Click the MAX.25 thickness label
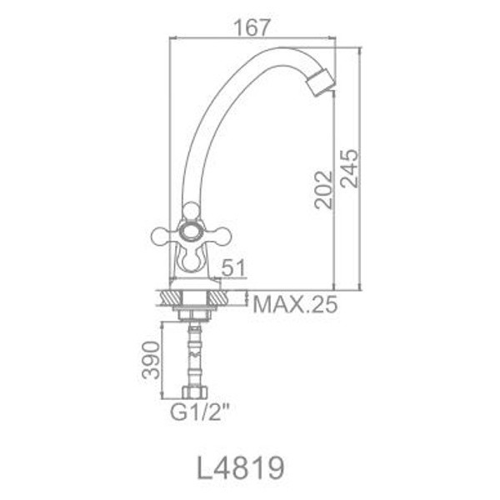[295, 304]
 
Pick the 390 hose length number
[151, 359]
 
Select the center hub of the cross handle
[191, 232]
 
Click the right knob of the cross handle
[223, 237]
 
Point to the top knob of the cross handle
[191, 208]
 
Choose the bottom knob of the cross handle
[192, 262]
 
